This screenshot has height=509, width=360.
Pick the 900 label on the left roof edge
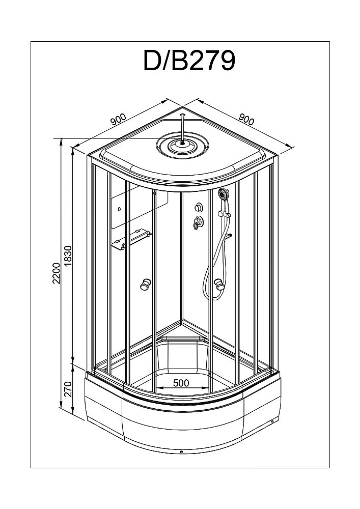[118, 121]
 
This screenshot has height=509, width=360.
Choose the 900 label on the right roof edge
[246, 121]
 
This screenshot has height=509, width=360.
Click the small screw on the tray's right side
[273, 420]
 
